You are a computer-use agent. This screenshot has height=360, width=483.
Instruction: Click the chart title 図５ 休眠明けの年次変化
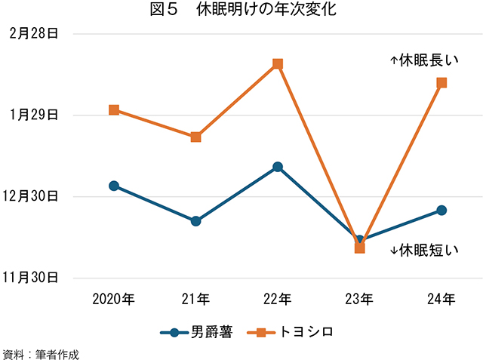point(242,11)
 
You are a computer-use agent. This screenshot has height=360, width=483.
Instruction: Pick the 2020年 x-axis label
point(113,300)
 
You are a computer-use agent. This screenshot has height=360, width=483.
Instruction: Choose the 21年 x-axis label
point(195,300)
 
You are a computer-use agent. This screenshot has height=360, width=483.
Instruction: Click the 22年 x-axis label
point(278,300)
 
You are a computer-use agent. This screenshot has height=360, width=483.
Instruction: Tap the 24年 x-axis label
point(441,300)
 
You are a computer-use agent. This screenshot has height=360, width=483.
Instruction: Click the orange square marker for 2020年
point(113,109)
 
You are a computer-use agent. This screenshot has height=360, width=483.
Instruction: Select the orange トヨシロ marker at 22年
point(278,64)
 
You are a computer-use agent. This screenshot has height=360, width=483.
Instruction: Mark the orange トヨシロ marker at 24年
point(441,82)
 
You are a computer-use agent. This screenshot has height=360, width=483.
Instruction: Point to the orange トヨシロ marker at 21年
point(195,137)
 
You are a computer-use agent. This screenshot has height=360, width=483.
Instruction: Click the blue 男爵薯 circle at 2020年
point(113,186)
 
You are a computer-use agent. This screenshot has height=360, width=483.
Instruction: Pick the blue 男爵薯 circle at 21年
point(195,221)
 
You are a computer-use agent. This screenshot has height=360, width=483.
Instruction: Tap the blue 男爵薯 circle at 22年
point(278,167)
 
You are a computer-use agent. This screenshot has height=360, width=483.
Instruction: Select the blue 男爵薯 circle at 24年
point(441,210)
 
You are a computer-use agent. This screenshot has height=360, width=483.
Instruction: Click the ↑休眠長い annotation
point(424,58)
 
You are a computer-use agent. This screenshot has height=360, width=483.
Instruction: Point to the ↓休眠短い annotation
point(424,250)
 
